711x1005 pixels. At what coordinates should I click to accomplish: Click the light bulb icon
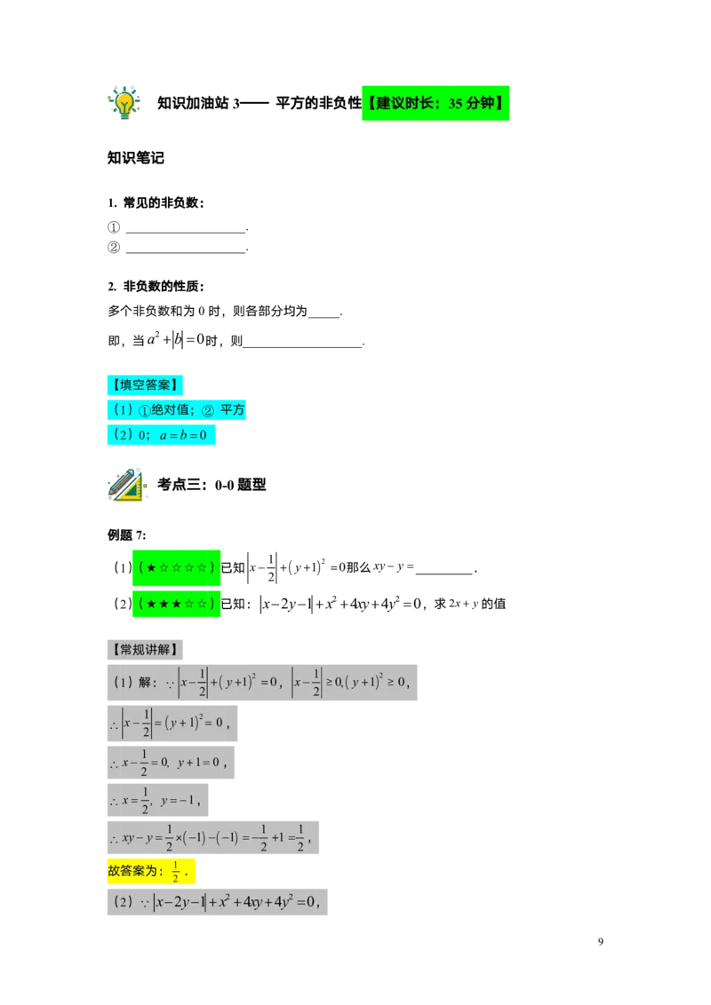click(x=124, y=102)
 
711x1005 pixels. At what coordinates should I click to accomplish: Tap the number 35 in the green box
click(x=455, y=104)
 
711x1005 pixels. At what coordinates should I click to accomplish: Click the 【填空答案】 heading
click(x=146, y=385)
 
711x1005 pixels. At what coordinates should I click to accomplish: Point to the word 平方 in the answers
click(x=233, y=410)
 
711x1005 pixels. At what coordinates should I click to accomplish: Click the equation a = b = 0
click(x=183, y=435)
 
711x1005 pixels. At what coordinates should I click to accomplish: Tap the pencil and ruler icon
click(x=125, y=484)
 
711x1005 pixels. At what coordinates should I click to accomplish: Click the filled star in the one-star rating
click(x=152, y=567)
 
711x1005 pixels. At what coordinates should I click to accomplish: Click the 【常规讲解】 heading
click(x=146, y=650)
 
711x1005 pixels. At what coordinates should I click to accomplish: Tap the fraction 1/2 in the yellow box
click(x=176, y=872)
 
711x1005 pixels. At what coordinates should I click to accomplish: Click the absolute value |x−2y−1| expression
click(x=180, y=903)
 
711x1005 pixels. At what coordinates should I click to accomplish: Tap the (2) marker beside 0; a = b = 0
click(x=120, y=435)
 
